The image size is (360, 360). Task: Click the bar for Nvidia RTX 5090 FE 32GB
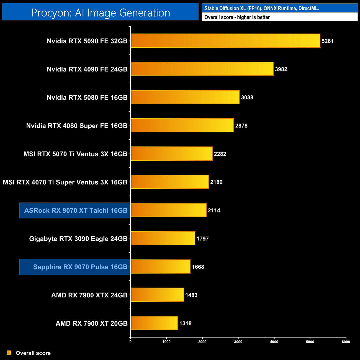(x=225, y=41)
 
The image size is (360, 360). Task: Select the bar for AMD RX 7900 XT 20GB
(x=154, y=323)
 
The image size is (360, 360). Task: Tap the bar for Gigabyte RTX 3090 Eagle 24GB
(x=163, y=238)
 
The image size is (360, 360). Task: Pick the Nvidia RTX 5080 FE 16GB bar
(x=185, y=97)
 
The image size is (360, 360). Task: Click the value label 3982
(x=281, y=69)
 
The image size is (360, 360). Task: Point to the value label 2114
(x=214, y=210)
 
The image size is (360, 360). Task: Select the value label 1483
(x=191, y=295)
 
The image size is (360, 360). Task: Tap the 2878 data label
(x=241, y=126)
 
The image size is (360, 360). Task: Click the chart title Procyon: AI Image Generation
(x=101, y=13)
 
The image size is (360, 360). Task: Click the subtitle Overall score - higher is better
(x=237, y=17)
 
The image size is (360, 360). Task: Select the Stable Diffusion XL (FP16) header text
(x=262, y=8)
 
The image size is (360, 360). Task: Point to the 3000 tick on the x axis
(x=238, y=342)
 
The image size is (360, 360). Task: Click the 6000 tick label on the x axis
(x=346, y=342)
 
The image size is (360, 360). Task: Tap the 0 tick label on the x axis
(x=130, y=342)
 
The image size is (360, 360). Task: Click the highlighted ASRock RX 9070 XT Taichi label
(x=76, y=210)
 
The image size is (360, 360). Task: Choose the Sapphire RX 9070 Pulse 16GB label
(x=80, y=267)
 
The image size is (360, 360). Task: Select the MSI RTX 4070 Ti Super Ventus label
(x=65, y=182)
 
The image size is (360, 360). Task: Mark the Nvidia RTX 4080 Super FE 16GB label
(x=77, y=126)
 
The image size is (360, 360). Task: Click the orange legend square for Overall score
(x=9, y=353)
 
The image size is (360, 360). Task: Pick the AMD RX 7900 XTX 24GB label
(x=89, y=295)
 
